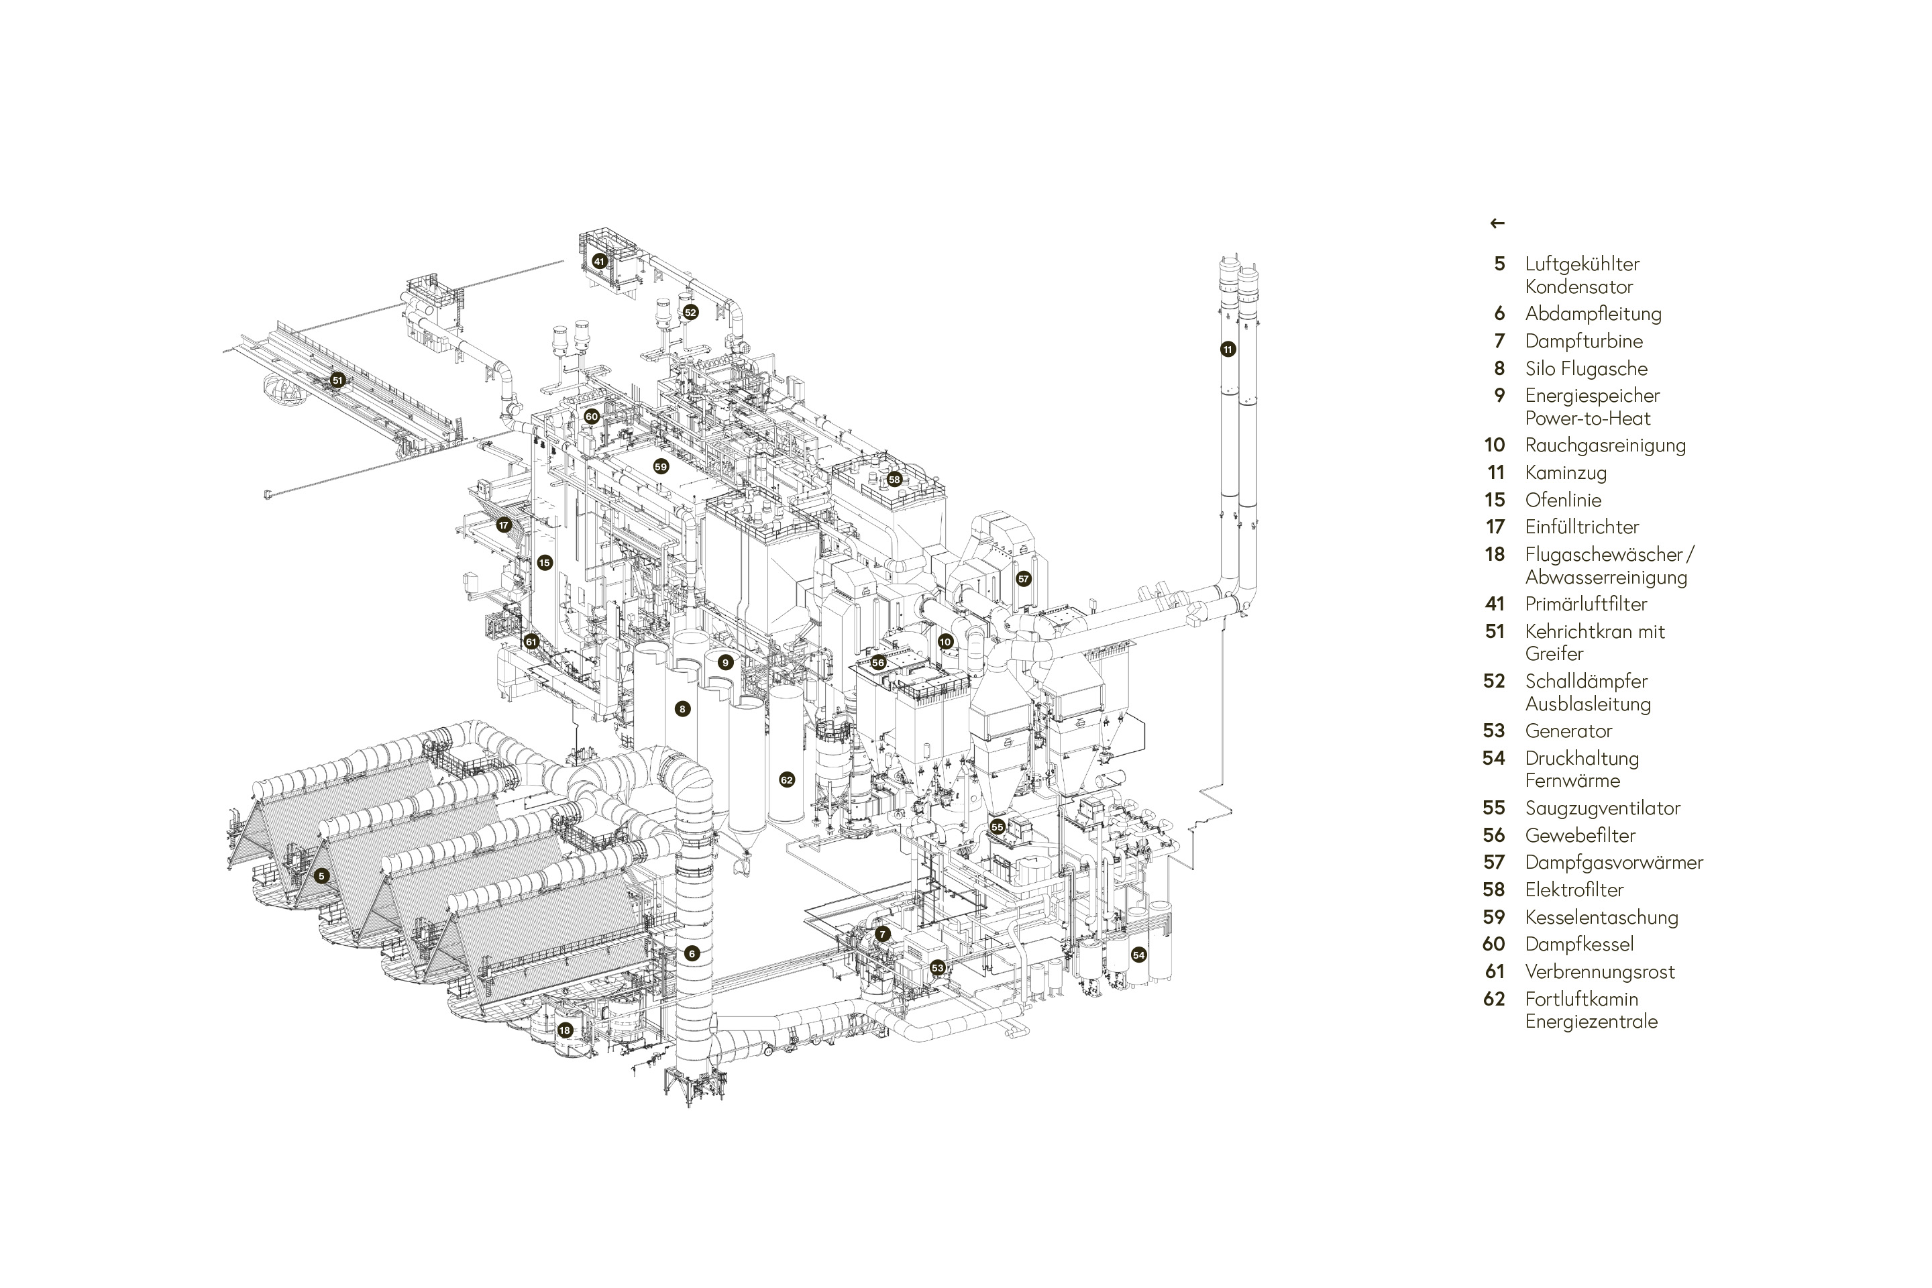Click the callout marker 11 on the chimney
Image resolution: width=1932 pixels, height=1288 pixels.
coord(1227,349)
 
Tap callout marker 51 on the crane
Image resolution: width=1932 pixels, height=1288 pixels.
coord(337,380)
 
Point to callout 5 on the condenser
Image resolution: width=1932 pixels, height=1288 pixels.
coord(321,875)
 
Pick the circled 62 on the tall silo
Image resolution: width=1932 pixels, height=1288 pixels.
coord(787,780)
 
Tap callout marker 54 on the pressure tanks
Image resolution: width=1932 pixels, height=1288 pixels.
coord(1138,955)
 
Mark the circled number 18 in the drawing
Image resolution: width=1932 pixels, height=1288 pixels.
coord(564,1030)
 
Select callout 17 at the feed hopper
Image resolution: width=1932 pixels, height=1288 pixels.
coord(504,525)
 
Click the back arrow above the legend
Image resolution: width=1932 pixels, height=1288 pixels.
coord(1497,223)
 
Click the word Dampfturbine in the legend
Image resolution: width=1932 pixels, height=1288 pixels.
coord(1584,341)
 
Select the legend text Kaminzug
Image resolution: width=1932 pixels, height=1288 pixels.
coord(1566,472)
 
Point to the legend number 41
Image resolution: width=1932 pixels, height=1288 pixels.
coord(1495,604)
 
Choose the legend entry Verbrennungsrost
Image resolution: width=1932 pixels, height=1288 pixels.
coord(1599,972)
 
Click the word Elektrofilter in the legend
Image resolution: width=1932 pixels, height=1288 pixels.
coord(1574,890)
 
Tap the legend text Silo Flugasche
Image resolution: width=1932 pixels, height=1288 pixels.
coord(1586,369)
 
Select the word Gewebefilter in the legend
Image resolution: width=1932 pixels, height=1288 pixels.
coord(1580,835)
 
